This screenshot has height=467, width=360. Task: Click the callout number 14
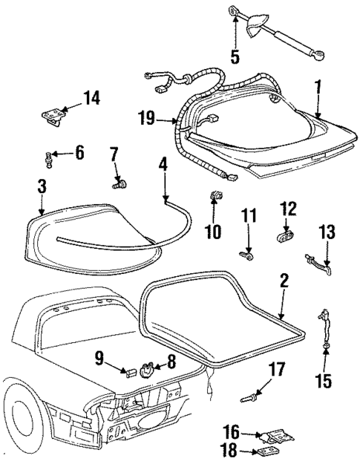(91, 98)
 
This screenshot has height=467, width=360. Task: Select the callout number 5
(235, 56)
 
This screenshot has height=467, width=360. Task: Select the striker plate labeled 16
(269, 436)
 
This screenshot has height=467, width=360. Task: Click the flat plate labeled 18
(266, 452)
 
